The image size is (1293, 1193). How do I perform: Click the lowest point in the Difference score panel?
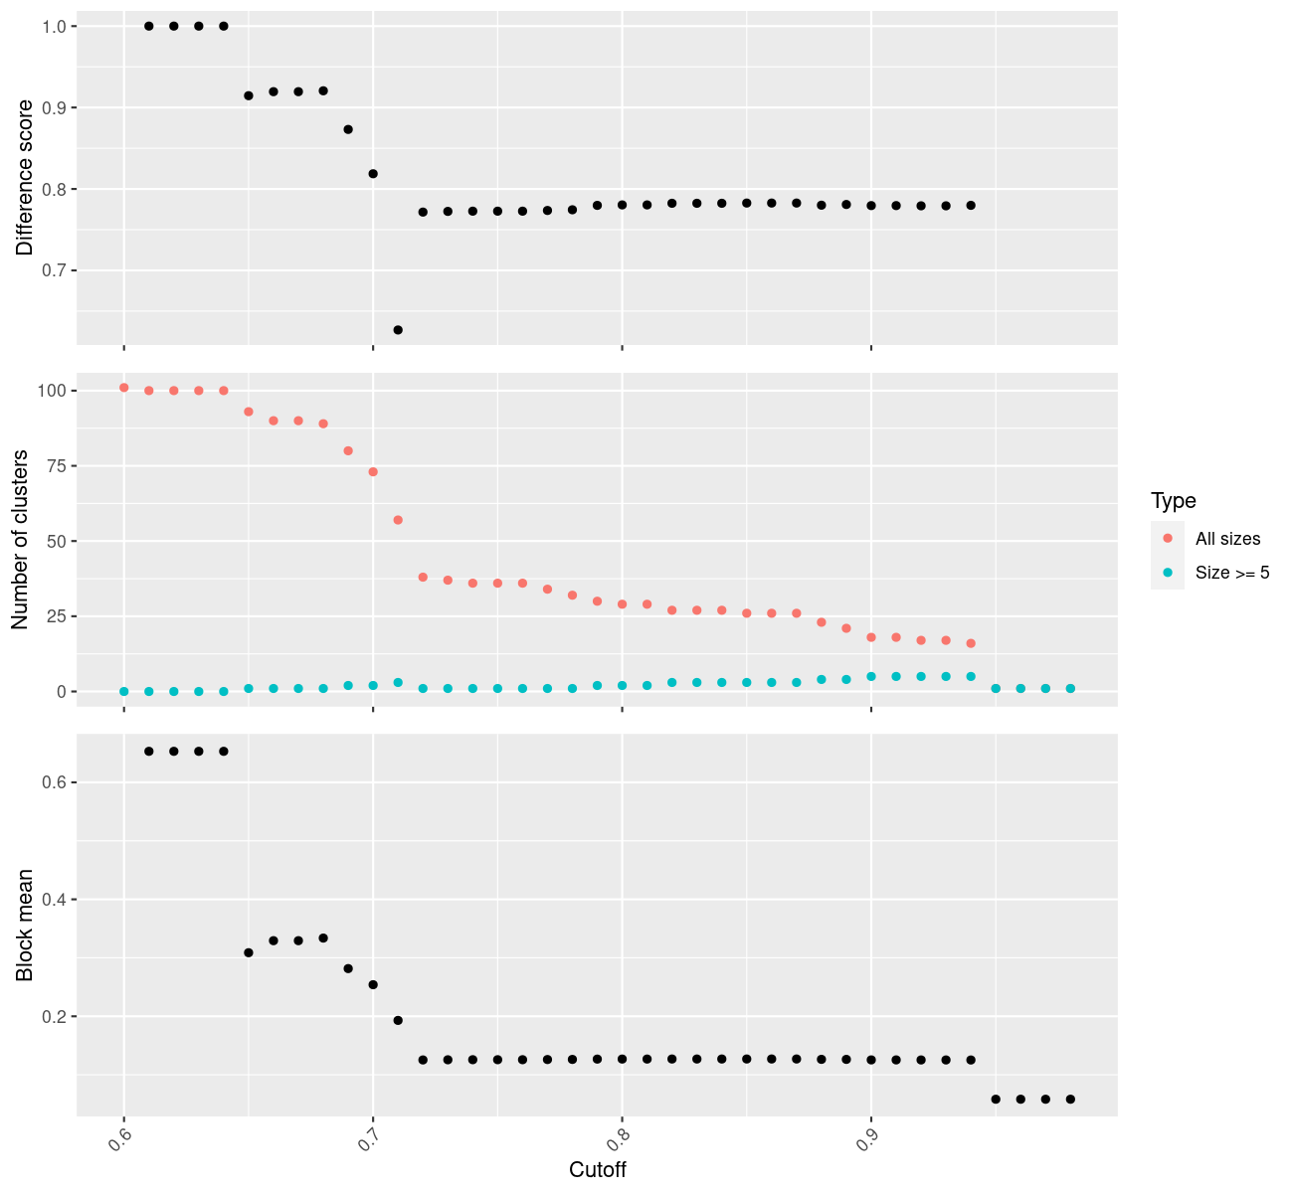tap(398, 329)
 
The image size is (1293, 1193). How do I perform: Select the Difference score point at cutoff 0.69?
tap(348, 129)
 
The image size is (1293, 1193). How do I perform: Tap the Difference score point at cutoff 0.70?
tap(373, 173)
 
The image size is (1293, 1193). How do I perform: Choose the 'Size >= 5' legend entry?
tap(1232, 573)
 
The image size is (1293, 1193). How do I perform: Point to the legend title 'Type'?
tap(1173, 500)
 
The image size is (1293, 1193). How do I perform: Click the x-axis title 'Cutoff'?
tap(598, 1169)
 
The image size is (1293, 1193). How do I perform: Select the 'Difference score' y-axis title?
tap(25, 178)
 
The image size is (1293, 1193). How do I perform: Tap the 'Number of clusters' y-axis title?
tap(20, 540)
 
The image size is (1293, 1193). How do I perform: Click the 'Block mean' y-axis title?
tap(25, 925)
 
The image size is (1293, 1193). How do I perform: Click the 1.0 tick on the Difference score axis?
tap(55, 26)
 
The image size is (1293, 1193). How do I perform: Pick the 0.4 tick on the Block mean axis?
tap(55, 900)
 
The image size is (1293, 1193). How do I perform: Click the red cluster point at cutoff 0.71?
tap(398, 520)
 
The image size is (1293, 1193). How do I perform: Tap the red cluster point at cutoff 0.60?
tap(123, 388)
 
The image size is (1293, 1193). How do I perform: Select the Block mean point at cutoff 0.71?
tap(398, 1020)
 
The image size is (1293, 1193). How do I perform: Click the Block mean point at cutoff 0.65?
tap(249, 952)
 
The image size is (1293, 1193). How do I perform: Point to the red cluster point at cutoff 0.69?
tap(348, 450)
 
